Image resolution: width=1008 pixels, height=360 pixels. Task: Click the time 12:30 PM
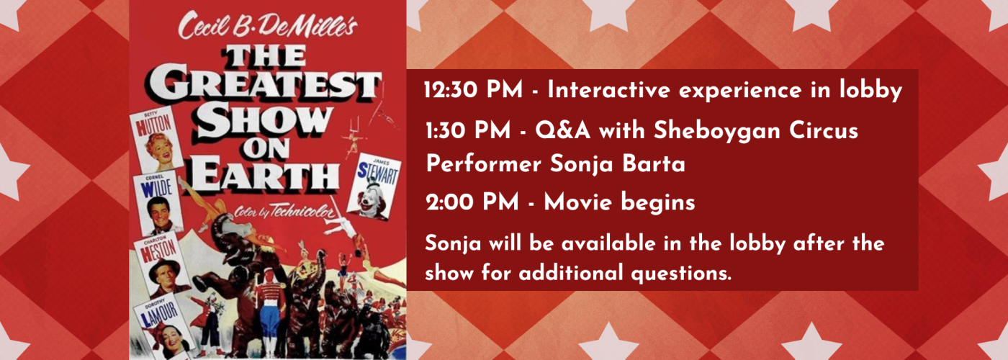tap(473, 91)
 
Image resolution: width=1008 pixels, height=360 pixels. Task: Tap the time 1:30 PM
tap(469, 131)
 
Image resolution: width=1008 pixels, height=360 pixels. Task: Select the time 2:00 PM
tap(472, 202)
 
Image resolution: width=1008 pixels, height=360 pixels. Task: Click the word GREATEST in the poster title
tap(266, 86)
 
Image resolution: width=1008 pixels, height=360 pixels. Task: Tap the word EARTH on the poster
tap(264, 175)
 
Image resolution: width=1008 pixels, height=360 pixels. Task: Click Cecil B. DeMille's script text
tap(268, 26)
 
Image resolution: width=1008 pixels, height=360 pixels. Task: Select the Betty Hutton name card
tap(157, 139)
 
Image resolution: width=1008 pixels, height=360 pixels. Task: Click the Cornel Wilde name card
tap(158, 203)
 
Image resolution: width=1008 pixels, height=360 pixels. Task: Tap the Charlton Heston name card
tap(162, 265)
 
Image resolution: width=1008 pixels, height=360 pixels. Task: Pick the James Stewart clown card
tap(374, 186)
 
